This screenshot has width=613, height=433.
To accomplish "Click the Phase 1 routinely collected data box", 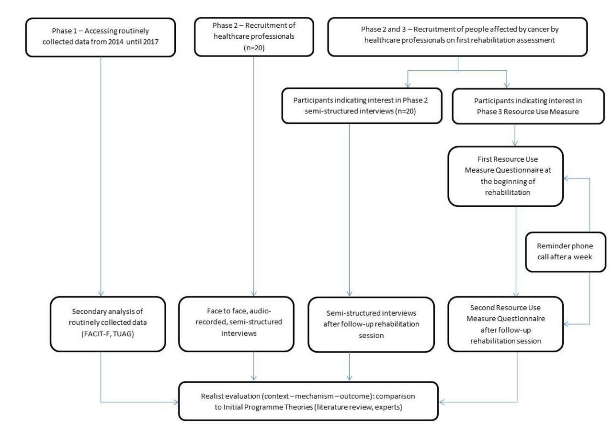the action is pos(101,37).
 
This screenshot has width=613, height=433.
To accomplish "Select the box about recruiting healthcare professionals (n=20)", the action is pos(254,37).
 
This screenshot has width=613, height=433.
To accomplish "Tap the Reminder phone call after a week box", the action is pos(566,252).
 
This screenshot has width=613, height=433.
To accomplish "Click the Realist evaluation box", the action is pos(308,401).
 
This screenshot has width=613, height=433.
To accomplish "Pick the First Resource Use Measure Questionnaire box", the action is pos(505,177).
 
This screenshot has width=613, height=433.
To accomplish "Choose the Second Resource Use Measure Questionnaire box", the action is pos(505,324).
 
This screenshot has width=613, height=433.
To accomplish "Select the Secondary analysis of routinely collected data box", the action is pos(108,324).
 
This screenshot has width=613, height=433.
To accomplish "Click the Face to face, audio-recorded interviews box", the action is pos(237,324).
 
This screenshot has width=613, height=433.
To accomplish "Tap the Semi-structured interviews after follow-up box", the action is pos(371,324).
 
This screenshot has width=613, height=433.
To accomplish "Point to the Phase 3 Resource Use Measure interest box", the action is pos(528,106).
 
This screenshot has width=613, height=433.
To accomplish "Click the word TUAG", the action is pos(123,334).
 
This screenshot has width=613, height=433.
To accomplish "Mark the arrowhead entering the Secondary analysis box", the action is pos(101,294).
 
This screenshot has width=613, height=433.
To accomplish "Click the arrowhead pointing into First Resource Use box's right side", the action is pos(566,178).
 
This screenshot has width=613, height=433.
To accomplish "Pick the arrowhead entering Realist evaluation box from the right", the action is pos(442,402).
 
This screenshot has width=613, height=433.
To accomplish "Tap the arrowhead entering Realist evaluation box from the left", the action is pos(176,402).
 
